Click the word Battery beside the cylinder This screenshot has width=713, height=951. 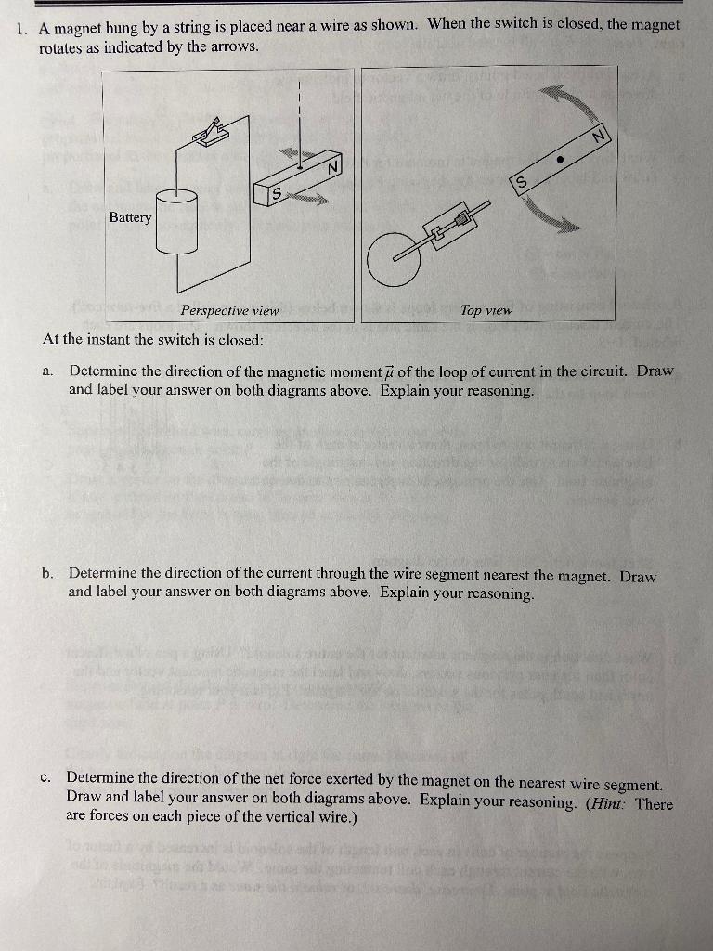tap(130, 217)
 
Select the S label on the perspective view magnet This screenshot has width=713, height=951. tap(276, 192)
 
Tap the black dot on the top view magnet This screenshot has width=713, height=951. tap(560, 159)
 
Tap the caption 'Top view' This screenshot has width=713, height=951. tap(486, 310)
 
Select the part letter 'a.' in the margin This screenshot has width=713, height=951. tap(48, 371)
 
